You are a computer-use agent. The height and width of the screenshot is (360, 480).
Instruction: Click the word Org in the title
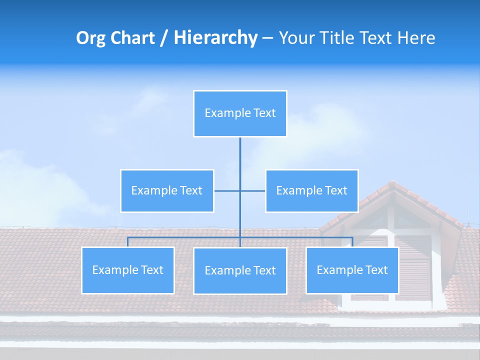click(90, 38)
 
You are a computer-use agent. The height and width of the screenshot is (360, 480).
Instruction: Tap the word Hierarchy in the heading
click(215, 38)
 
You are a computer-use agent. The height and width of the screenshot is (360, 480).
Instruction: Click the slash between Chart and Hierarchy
click(164, 38)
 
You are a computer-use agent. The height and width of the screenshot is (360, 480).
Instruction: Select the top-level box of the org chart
click(240, 113)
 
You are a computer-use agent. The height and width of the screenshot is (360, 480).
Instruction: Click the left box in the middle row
click(167, 190)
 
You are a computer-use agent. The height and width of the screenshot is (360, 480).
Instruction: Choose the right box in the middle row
click(311, 190)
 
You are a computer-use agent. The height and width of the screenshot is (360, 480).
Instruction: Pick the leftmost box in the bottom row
click(128, 270)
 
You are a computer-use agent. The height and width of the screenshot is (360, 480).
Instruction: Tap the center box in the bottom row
click(240, 271)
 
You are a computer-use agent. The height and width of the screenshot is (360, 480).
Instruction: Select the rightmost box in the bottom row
click(352, 270)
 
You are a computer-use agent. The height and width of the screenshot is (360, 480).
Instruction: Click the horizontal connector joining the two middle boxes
click(227, 190)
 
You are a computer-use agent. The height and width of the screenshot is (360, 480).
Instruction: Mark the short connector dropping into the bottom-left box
click(127, 242)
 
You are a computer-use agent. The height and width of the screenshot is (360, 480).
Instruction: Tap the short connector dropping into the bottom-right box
click(352, 242)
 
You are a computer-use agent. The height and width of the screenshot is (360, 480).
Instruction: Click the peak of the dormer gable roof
click(391, 183)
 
